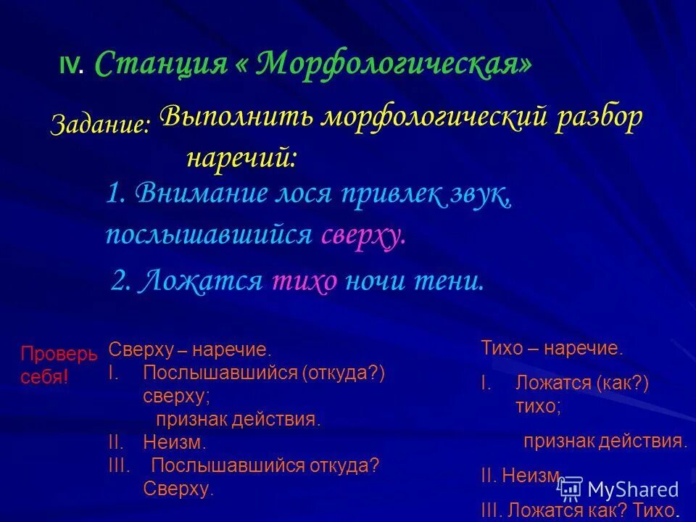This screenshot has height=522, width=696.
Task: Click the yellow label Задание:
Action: point(100,124)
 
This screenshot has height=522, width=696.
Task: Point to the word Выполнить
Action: point(235,117)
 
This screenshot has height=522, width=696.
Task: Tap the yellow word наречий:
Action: point(241,157)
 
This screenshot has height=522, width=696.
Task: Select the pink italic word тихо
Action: point(304,281)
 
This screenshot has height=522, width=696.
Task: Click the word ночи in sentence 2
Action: point(378,281)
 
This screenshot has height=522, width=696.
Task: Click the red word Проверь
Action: point(58,355)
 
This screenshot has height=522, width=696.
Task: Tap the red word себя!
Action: point(43,377)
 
